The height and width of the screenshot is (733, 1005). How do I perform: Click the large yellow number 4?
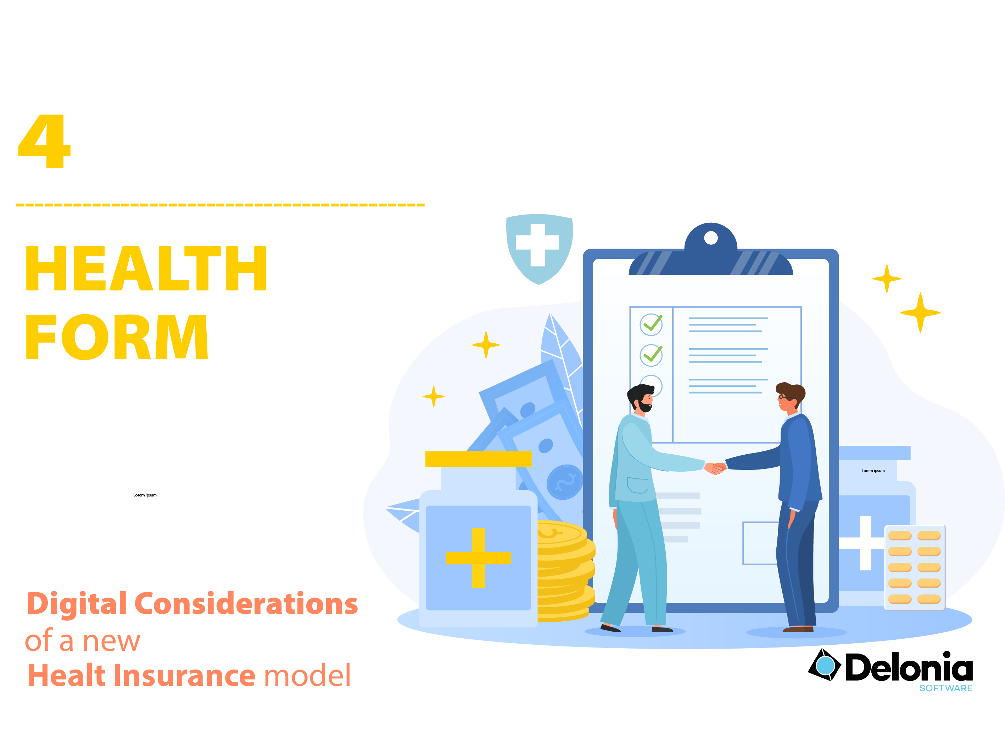[x=44, y=141]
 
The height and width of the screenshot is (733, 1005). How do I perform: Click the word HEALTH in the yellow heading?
[x=146, y=269]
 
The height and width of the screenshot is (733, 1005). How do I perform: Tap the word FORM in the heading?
[x=117, y=337]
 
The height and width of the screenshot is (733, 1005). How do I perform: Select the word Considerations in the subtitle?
[x=246, y=604]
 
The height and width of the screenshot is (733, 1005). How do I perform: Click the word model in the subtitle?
[x=307, y=676]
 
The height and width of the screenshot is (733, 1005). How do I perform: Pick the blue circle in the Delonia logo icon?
[x=825, y=666]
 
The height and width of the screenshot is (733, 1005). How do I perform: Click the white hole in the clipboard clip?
[x=710, y=238]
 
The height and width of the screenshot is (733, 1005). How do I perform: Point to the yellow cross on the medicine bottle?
[x=478, y=558]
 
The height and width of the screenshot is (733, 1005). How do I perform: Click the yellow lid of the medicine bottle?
[x=478, y=459]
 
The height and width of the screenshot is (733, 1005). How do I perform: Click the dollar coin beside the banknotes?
[x=564, y=482]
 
